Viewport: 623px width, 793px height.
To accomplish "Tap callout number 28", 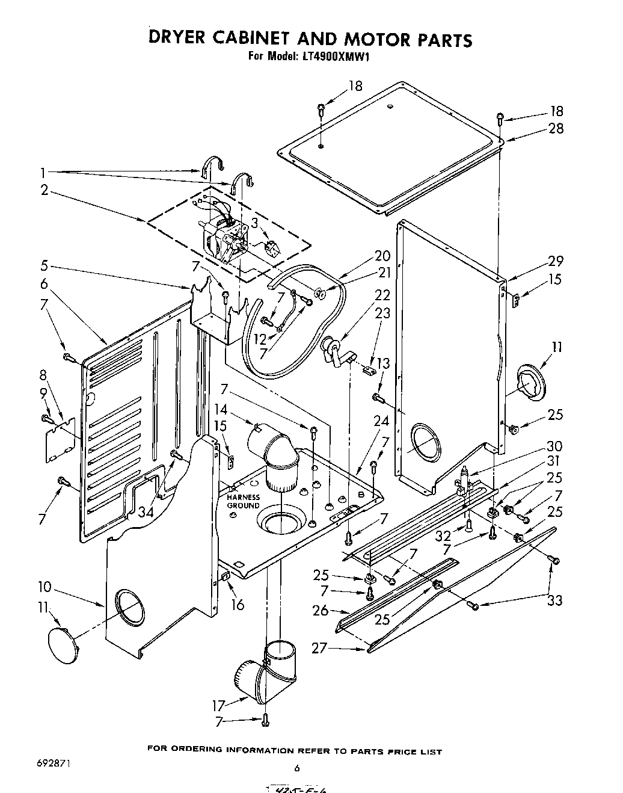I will pos(556,128).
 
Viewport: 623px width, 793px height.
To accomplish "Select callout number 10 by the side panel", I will pos(44,587).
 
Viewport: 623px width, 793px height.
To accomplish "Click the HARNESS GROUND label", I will pos(243,501).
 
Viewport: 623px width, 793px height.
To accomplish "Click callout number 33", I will pos(554,600).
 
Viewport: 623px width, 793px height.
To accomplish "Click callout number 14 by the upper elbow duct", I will pos(221,410).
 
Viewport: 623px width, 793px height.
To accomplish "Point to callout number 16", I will pos(238,604).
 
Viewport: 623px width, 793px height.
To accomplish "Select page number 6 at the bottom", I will pos(296,768).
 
